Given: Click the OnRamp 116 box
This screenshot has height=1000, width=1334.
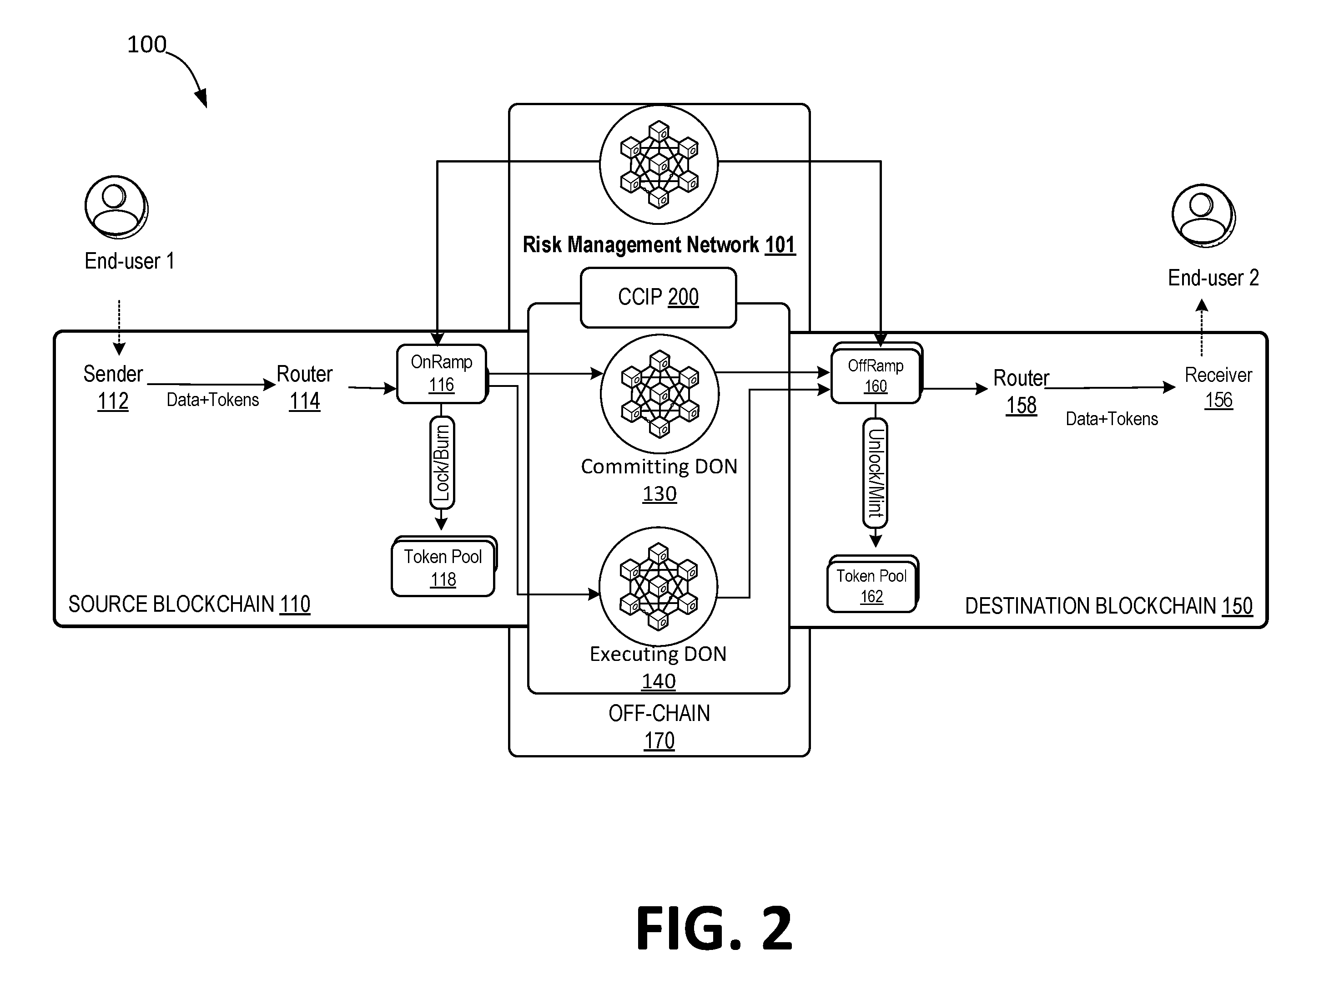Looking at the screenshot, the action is coord(442,374).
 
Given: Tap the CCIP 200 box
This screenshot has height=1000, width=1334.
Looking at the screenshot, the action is coord(658,298).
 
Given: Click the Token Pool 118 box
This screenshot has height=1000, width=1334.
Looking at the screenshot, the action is coord(444,567).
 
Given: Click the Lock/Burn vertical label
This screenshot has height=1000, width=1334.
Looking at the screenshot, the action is coord(442,463).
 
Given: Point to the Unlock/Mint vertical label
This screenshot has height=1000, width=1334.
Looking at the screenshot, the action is coord(875,473).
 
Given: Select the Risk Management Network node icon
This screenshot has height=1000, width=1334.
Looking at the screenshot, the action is coord(659,164).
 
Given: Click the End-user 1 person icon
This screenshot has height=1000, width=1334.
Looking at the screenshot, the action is coord(116,207).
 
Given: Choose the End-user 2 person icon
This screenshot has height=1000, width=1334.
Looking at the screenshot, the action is coord(1204,215).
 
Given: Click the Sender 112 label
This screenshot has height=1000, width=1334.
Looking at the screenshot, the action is coord(113,387).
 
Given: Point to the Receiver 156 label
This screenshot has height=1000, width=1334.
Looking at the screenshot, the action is coord(1218,387).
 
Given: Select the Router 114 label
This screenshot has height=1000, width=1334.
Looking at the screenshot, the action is coord(305,387).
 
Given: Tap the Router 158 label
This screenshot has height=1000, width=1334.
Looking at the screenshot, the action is coord(1022,392).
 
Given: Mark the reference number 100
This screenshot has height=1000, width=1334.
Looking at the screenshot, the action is coord(146,45).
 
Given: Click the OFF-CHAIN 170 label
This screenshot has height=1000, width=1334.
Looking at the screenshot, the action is coord(659,726).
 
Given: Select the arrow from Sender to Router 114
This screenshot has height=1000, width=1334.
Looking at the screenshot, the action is coord(211,384).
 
